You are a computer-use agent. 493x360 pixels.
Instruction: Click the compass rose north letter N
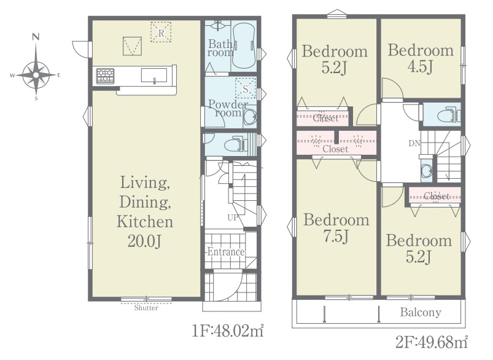tap(36, 36)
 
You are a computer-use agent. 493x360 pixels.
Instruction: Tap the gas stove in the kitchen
tap(106, 76)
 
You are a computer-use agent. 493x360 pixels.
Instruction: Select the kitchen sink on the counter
tap(154, 75)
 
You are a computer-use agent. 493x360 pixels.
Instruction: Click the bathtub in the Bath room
tap(244, 45)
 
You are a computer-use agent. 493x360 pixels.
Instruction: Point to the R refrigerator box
tap(161, 32)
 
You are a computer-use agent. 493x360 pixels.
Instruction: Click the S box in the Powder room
tap(246, 89)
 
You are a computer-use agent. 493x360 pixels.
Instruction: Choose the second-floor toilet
tap(449, 114)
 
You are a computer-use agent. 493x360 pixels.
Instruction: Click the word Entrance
tap(226, 252)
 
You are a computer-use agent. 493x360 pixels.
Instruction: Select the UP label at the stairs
tap(233, 217)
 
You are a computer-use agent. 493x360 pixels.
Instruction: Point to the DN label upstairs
tap(414, 144)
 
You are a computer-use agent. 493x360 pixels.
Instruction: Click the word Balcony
tap(421, 312)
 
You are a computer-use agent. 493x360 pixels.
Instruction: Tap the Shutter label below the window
tap(146, 308)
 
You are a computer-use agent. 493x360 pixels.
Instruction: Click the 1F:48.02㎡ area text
tap(228, 331)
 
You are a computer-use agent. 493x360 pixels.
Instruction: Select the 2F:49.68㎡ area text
tap(432, 342)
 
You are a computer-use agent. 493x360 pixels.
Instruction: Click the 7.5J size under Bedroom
tap(336, 236)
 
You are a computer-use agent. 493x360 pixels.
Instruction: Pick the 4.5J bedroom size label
tap(421, 66)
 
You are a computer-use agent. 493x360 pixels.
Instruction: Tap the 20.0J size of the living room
tap(145, 241)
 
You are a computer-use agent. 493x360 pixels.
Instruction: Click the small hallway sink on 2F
tap(427, 171)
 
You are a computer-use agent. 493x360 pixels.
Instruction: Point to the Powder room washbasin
tap(250, 117)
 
